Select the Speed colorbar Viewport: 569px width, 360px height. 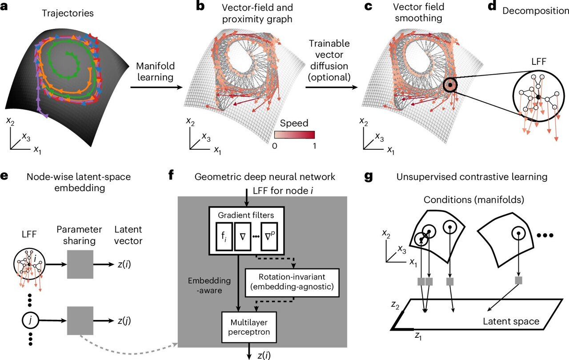point(294,135)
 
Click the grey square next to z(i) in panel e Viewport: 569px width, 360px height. point(80,264)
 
